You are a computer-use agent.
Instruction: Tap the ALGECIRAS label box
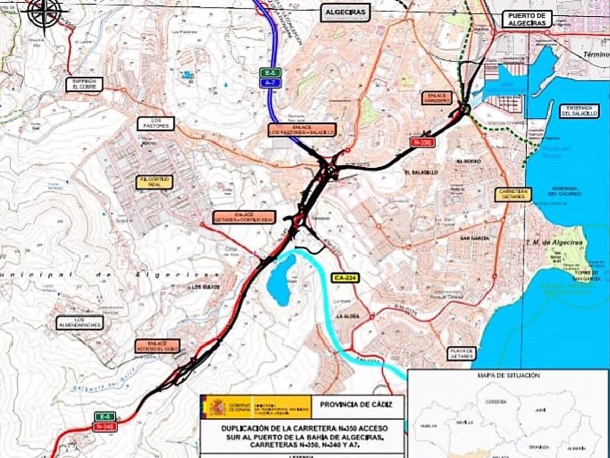(x=346, y=13)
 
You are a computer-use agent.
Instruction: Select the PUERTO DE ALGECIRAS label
(x=527, y=19)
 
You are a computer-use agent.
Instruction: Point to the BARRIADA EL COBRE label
(x=84, y=84)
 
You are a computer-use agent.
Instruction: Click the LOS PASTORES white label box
(x=156, y=124)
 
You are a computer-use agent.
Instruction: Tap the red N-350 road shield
(x=422, y=142)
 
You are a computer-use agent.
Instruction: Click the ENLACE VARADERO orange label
(x=437, y=98)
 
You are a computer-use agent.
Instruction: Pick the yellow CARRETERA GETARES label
(x=513, y=194)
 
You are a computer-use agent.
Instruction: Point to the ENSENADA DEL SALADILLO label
(x=579, y=111)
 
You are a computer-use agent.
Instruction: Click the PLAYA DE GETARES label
(x=462, y=354)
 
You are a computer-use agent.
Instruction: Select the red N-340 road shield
(x=105, y=427)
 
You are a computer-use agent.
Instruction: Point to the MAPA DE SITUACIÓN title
(x=508, y=376)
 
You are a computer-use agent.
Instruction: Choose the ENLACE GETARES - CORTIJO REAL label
(x=244, y=217)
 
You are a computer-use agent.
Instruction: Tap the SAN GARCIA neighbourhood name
(x=474, y=238)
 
